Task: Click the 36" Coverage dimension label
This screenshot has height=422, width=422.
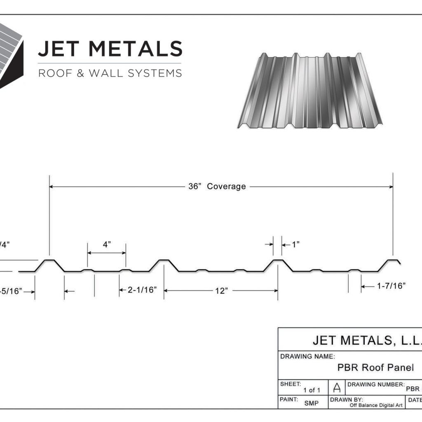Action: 217,187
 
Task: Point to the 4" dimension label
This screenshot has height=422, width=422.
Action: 107,244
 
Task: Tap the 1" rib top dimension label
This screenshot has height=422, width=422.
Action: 295,244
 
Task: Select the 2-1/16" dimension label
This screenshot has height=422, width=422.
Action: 142,290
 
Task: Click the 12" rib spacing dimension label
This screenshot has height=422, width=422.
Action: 221,291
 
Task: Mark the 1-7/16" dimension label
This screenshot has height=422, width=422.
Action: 391,286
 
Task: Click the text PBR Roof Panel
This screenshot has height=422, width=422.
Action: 375,367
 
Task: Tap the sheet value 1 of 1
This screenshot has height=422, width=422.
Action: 312,390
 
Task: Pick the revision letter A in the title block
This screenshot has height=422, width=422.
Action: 337,388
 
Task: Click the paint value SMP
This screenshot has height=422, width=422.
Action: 311,403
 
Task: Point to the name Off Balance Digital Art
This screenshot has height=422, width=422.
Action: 376,405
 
